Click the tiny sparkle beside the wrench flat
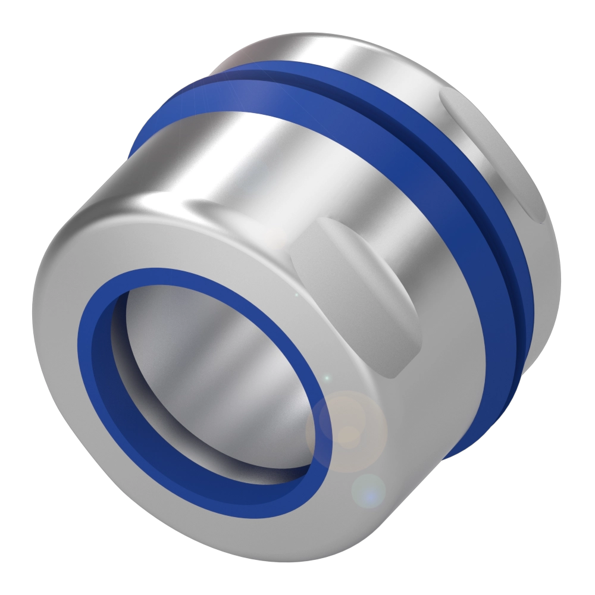296,295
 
